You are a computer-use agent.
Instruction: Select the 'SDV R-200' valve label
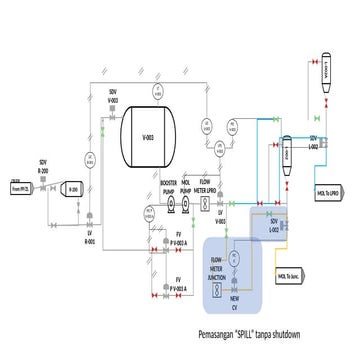coord(43,167)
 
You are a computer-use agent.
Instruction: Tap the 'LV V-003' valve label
coord(220,218)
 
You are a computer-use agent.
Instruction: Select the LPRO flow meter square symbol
coord(206,203)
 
